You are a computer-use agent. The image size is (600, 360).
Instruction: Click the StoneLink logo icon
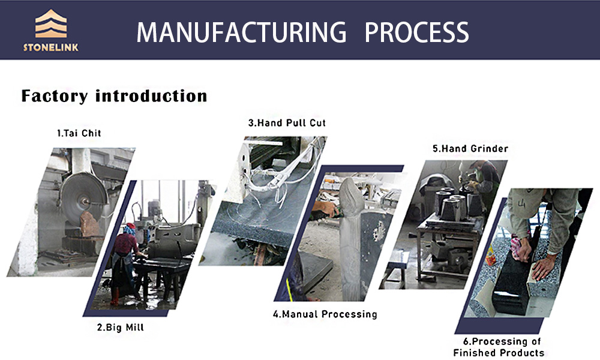pyautogui.click(x=51, y=24)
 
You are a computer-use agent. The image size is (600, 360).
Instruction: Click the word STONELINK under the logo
pyautogui.click(x=51, y=47)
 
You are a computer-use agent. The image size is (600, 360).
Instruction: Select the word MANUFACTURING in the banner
pyautogui.click(x=241, y=32)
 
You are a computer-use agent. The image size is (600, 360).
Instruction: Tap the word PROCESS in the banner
pyautogui.click(x=417, y=32)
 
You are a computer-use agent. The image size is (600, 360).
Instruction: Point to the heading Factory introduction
pyautogui.click(x=114, y=95)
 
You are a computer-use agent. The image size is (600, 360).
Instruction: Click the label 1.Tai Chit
pyautogui.click(x=79, y=133)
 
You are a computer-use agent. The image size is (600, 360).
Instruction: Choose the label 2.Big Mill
pyautogui.click(x=121, y=328)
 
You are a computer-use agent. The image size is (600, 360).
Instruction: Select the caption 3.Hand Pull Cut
pyautogui.click(x=287, y=123)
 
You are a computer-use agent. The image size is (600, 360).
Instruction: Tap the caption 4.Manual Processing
pyautogui.click(x=325, y=314)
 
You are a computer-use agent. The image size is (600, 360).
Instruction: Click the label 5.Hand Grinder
pyautogui.click(x=470, y=148)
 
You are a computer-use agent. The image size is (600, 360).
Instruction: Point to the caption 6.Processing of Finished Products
pyautogui.click(x=499, y=347)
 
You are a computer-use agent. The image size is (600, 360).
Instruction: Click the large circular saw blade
pyautogui.click(x=83, y=199)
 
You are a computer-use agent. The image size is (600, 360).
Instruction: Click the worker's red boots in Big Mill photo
pyautogui.click(x=115, y=296)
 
